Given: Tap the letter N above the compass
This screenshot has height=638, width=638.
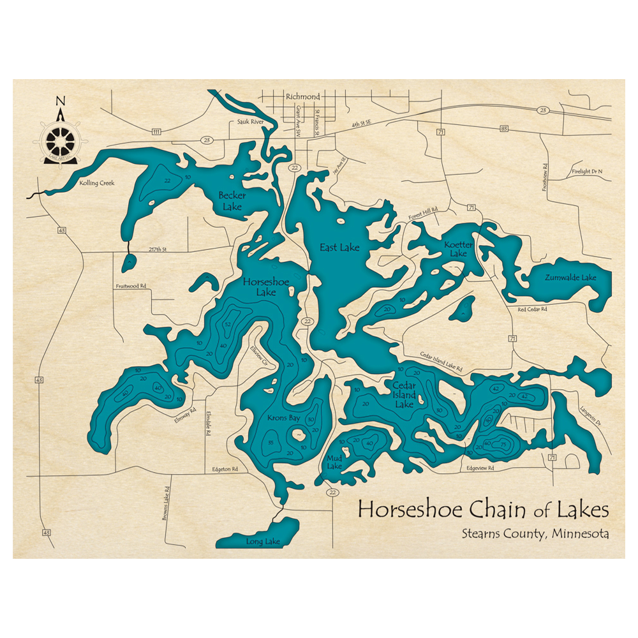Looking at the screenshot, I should pos(61,101).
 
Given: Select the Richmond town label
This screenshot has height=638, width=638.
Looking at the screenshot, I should pos(302,96).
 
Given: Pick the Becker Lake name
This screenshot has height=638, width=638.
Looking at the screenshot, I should pos(232,200).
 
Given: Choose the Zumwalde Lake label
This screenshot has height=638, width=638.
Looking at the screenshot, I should pos(570,278).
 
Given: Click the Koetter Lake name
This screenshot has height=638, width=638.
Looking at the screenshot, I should pos(459,249).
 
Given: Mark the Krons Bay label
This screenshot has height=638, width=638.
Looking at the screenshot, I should pos(283,419).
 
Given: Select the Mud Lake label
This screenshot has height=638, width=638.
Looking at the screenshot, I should pos(334,462).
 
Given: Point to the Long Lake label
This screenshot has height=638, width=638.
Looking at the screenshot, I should pos(262,542).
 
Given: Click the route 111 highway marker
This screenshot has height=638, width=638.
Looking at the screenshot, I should pos(156,131).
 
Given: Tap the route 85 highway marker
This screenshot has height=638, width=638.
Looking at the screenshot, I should pos(504,130).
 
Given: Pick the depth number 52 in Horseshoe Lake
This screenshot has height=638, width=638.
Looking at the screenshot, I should pos(227,325).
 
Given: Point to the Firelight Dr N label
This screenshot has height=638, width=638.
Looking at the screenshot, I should pos(587,172).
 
